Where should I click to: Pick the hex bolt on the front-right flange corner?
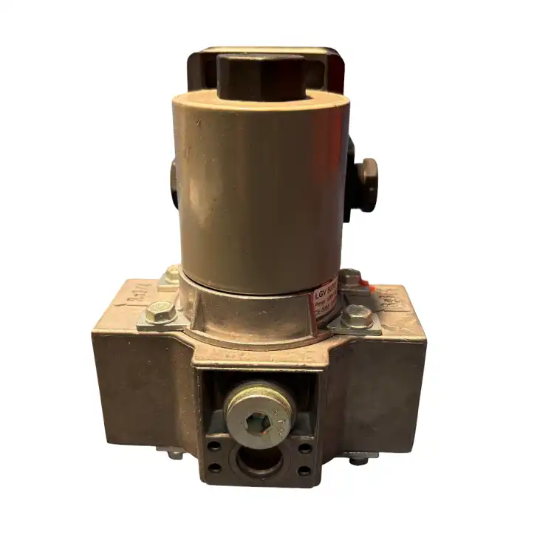358,316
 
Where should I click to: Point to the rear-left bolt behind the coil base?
171,274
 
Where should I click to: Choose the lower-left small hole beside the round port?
214,468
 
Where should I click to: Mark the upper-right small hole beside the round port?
305,448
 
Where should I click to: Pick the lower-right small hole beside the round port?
304,470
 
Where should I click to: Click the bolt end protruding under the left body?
174,454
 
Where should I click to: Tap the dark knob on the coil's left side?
174,181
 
